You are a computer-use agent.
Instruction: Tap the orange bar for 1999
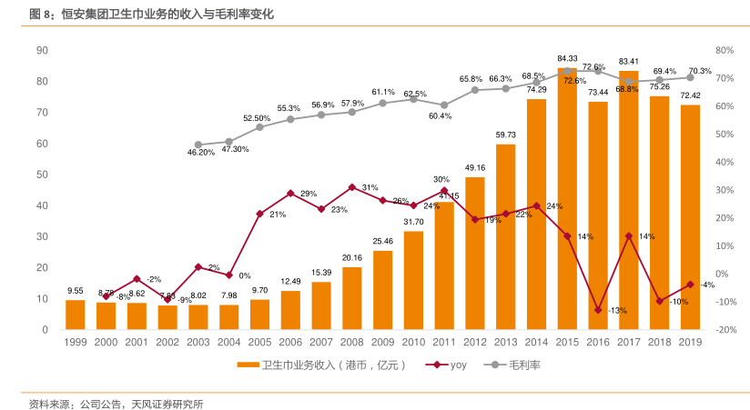tap(75, 315)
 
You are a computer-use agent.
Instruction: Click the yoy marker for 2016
tap(598, 310)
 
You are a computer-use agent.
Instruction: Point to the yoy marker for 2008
tap(352, 187)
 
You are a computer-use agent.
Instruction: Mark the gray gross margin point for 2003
tap(198, 145)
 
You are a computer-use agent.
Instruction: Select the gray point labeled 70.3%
tap(691, 78)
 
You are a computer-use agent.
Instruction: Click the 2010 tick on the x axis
tap(413, 341)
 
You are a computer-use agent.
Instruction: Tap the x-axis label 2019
tap(691, 341)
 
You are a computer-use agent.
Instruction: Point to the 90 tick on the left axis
tap(42, 50)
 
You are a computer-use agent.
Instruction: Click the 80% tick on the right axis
tap(724, 50)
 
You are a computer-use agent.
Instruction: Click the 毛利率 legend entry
tap(516, 365)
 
